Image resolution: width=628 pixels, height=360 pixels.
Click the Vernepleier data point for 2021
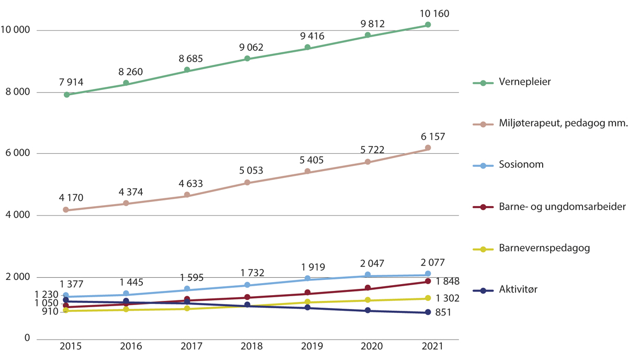point(428,25)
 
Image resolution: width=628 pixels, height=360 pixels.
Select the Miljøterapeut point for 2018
point(247,183)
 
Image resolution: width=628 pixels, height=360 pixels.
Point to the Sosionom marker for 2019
point(308,278)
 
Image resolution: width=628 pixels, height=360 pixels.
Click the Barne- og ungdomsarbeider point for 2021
point(428,282)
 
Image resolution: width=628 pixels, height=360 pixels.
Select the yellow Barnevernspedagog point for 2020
point(367,300)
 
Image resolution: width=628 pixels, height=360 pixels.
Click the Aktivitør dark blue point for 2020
point(367,311)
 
